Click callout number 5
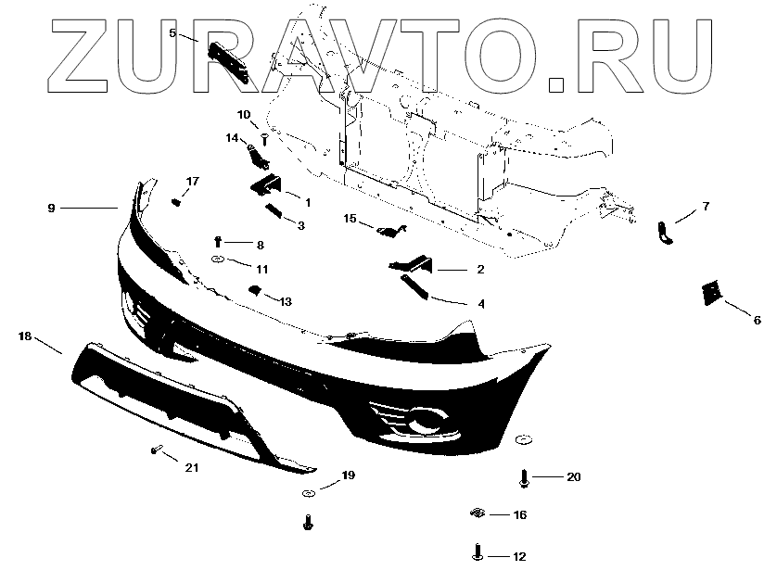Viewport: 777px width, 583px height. (172, 32)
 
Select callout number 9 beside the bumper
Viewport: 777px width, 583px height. (52, 209)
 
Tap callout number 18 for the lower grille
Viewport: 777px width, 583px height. (24, 338)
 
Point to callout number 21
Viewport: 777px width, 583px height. (191, 468)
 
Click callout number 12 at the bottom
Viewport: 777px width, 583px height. (518, 557)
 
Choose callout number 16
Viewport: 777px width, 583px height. (519, 514)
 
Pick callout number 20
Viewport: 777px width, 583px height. (574, 477)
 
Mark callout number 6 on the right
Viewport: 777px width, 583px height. (757, 320)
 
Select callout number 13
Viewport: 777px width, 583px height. (285, 302)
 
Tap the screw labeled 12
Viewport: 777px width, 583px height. (476, 554)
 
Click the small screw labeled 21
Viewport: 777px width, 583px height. (155, 451)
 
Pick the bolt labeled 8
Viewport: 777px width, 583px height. (218, 242)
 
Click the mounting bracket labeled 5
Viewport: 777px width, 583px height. (229, 59)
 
